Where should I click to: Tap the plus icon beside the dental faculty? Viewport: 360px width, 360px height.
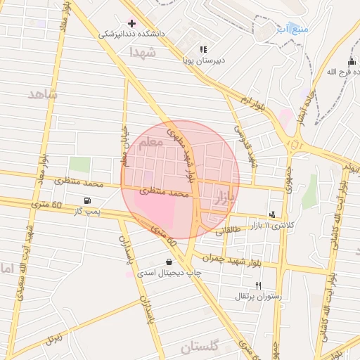[x=131, y=23]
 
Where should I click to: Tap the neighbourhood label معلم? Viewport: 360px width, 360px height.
[x=150, y=142]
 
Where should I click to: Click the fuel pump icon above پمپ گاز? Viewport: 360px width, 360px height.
[x=86, y=200]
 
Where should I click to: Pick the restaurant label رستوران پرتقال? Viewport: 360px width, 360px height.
[x=258, y=296]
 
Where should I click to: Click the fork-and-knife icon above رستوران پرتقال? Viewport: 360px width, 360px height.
[x=259, y=285]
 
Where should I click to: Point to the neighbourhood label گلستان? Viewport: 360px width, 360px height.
[x=200, y=347]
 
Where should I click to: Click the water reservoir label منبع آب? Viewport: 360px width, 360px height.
[x=288, y=28]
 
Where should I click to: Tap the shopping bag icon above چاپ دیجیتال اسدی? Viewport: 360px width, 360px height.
[x=169, y=262]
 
